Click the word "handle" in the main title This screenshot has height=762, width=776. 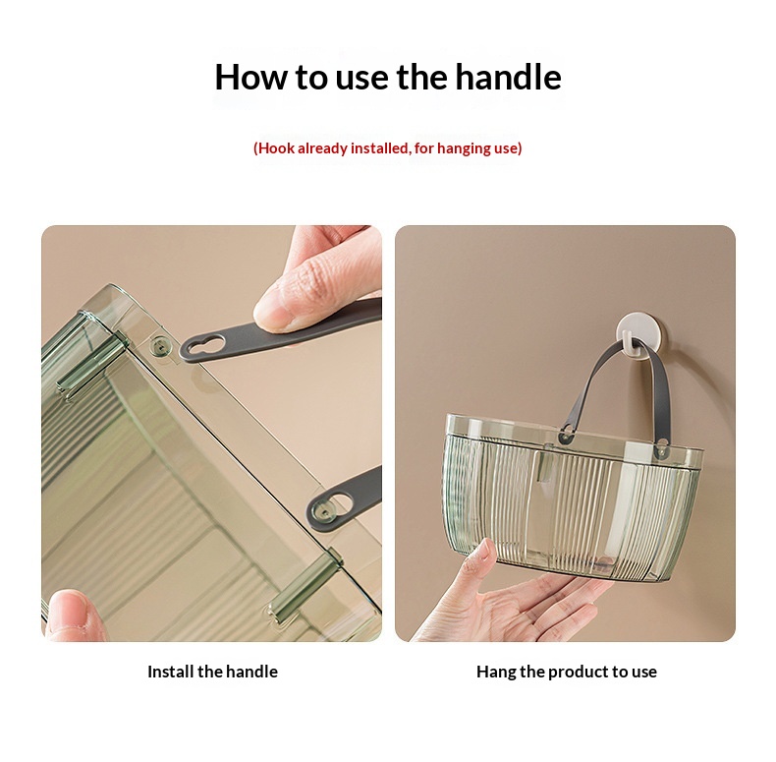point(508,78)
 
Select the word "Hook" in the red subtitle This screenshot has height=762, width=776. point(277,148)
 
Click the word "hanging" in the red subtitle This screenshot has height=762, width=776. point(462,148)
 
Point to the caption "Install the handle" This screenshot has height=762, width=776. point(213,672)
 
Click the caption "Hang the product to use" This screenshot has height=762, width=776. point(567,672)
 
